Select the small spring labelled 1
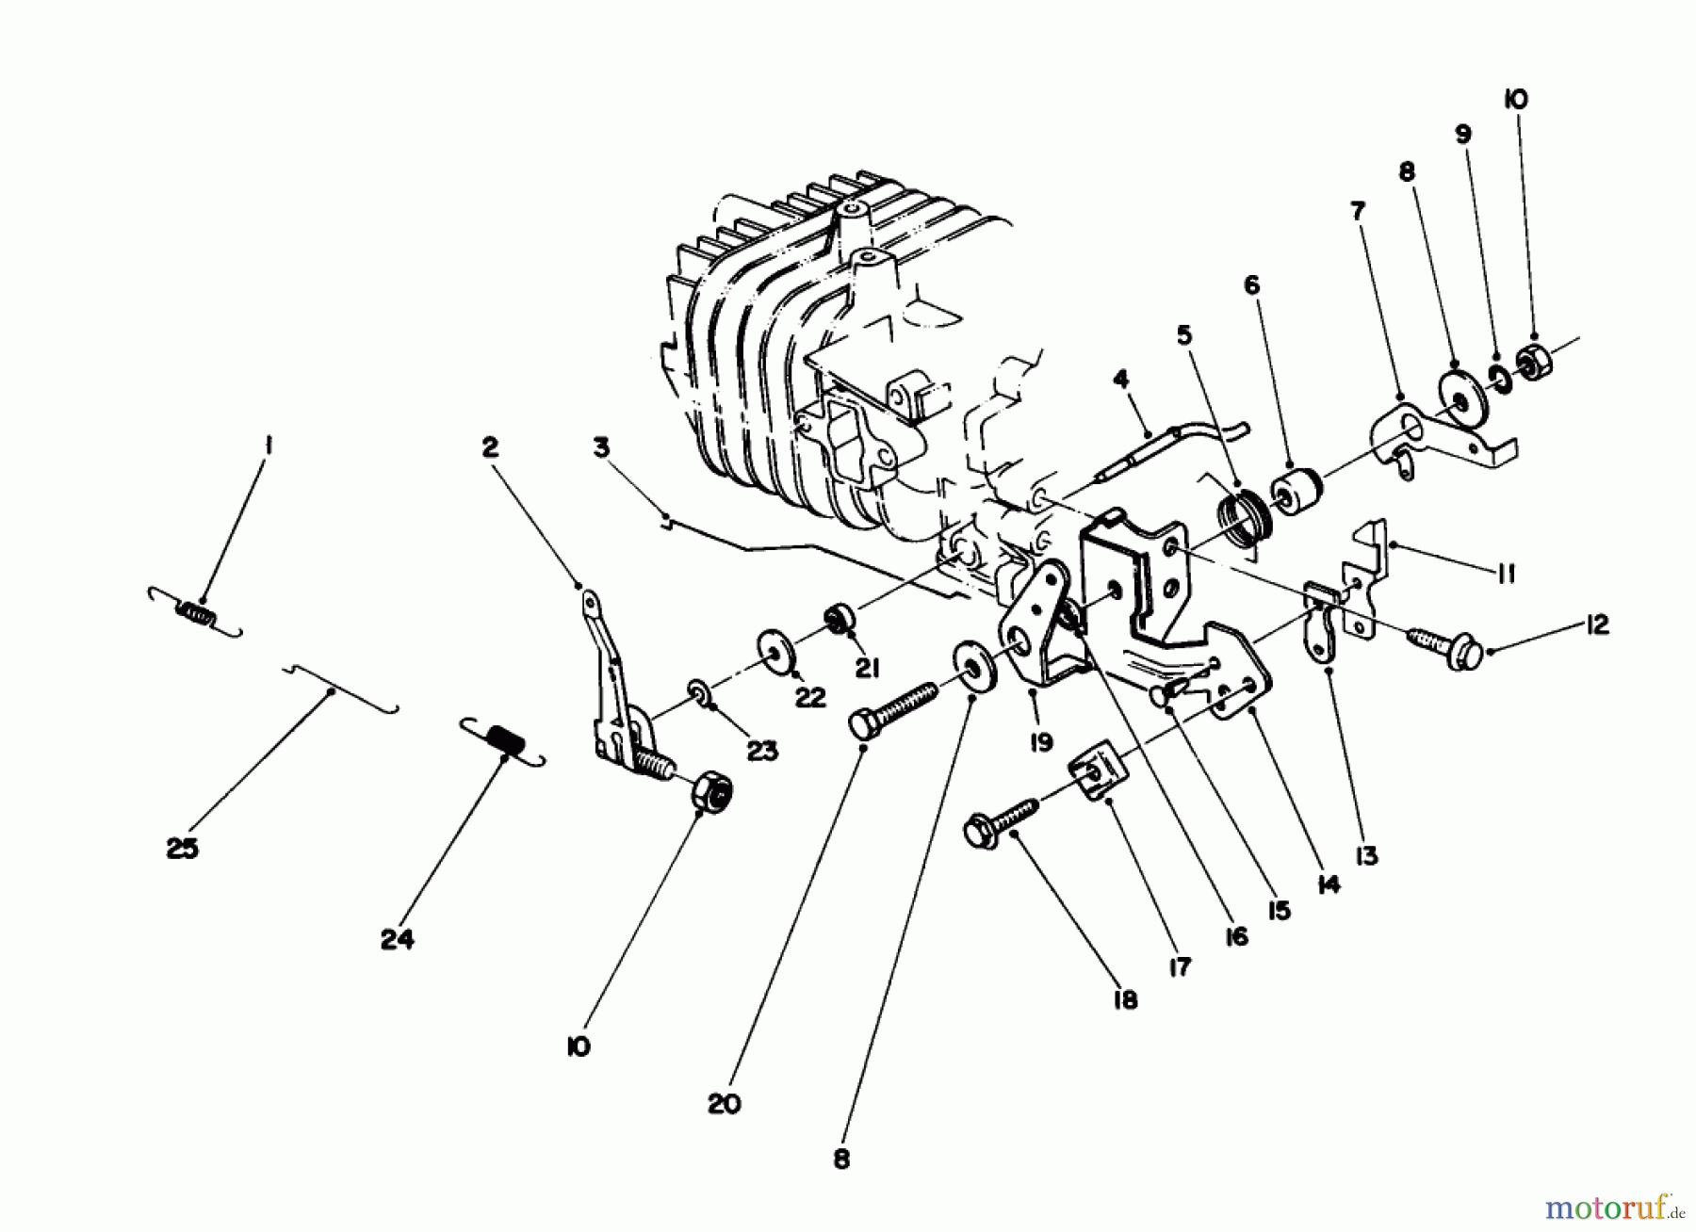click(x=196, y=613)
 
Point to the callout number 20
click(x=725, y=1104)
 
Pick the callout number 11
click(x=1506, y=574)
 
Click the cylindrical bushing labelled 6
click(x=1297, y=489)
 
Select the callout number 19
click(x=1040, y=743)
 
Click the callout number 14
click(x=1329, y=884)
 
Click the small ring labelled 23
click(x=698, y=694)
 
